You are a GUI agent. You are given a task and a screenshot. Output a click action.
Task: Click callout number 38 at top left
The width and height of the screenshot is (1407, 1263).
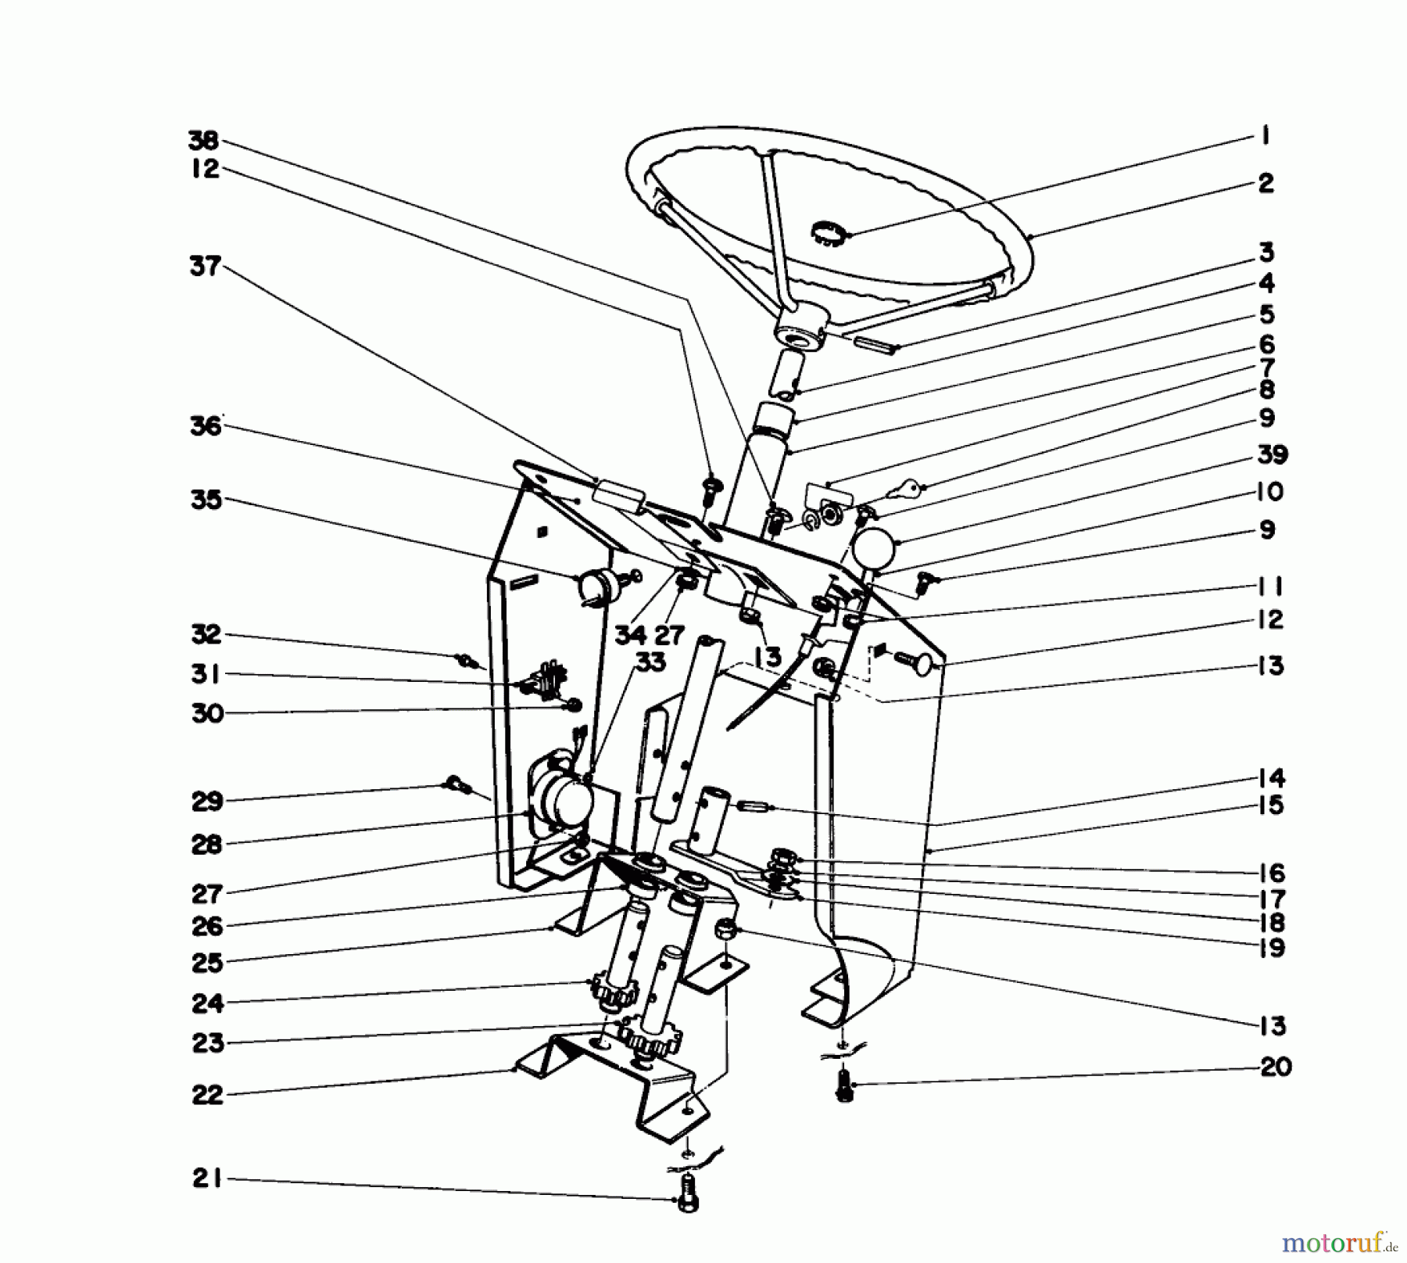click(x=205, y=141)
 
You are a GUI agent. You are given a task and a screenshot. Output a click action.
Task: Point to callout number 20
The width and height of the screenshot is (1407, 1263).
click(x=1275, y=1067)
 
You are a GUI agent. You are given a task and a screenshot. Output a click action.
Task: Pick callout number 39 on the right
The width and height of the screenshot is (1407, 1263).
click(x=1273, y=454)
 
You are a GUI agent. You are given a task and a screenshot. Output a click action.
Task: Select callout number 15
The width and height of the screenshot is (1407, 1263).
click(x=1271, y=806)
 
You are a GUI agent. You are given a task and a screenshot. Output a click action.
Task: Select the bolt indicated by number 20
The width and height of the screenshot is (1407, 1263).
click(x=843, y=1087)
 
